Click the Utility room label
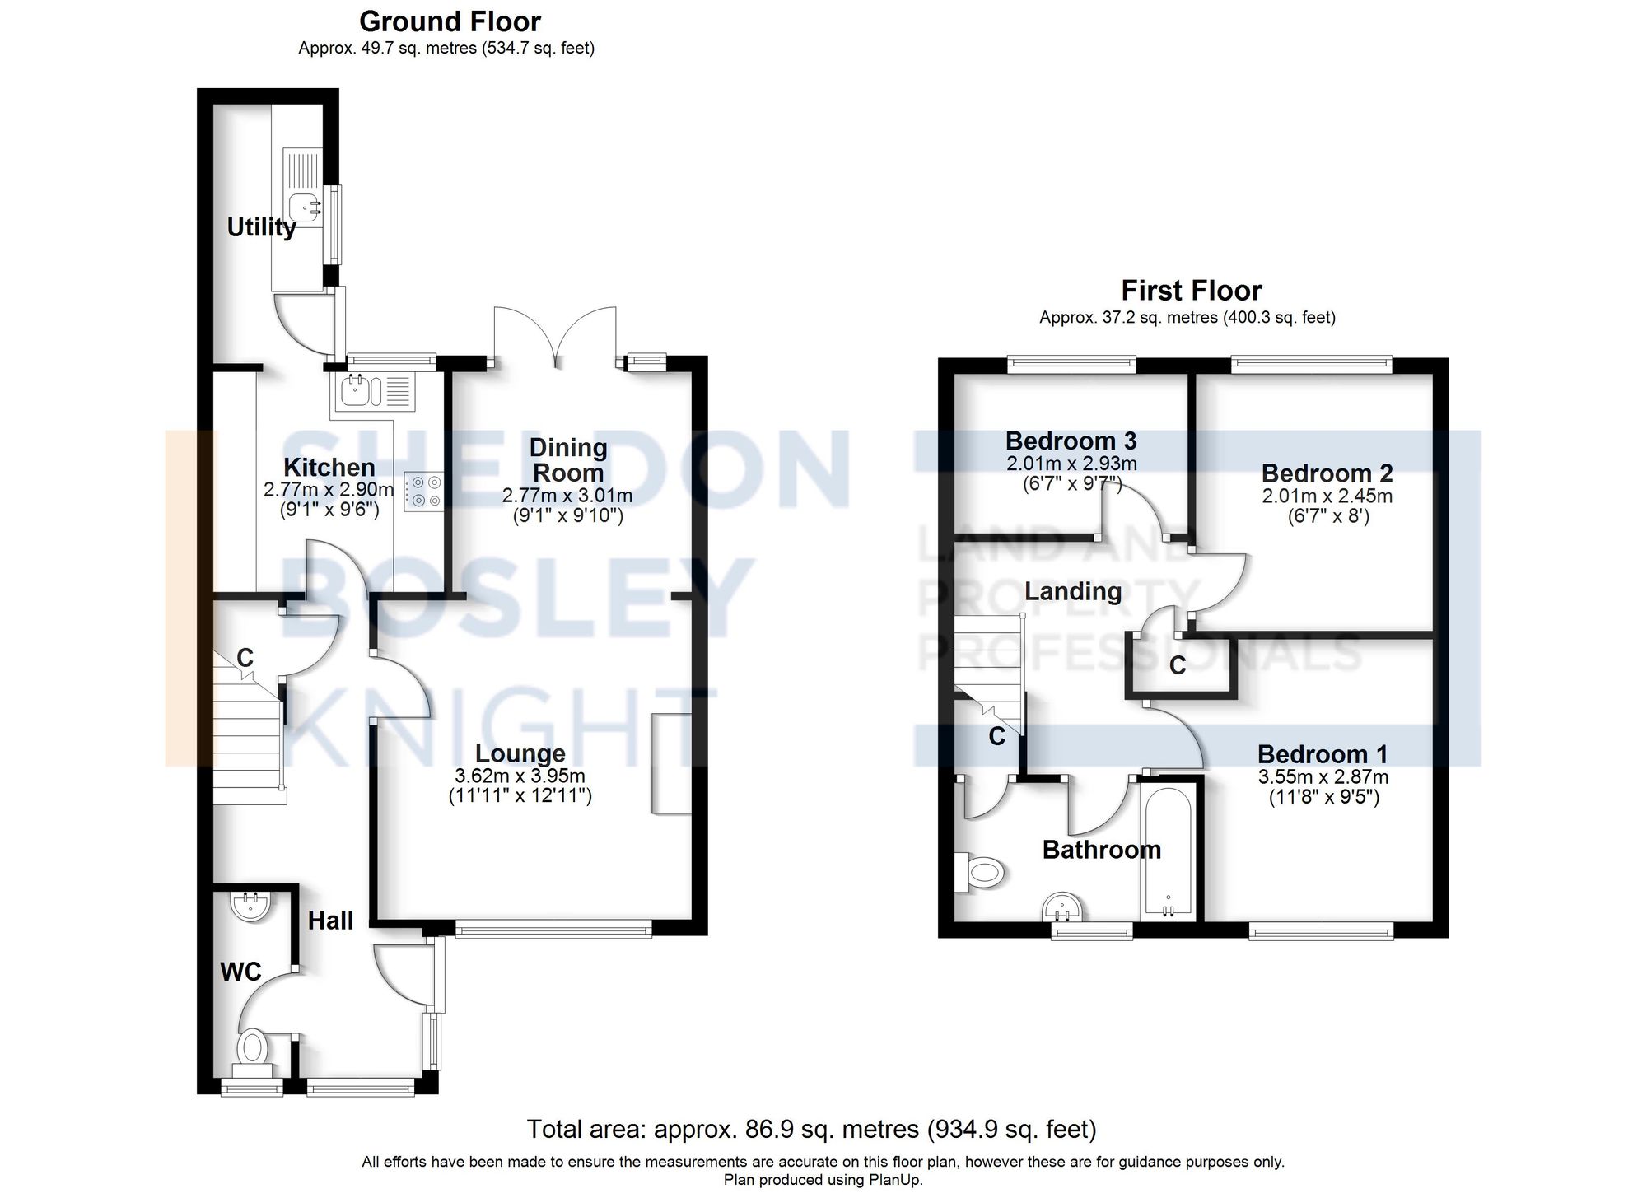click(261, 227)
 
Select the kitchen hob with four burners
click(424, 491)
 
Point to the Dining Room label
click(568, 460)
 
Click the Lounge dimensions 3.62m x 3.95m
click(520, 776)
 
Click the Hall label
click(330, 921)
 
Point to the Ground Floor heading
click(450, 21)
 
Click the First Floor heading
click(1191, 291)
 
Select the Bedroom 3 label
click(1071, 441)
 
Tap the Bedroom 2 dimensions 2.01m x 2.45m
click(1327, 496)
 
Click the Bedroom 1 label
click(1323, 754)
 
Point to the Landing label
click(1073, 591)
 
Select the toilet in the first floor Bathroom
click(982, 871)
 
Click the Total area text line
click(811, 1129)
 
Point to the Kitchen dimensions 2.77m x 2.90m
click(329, 490)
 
